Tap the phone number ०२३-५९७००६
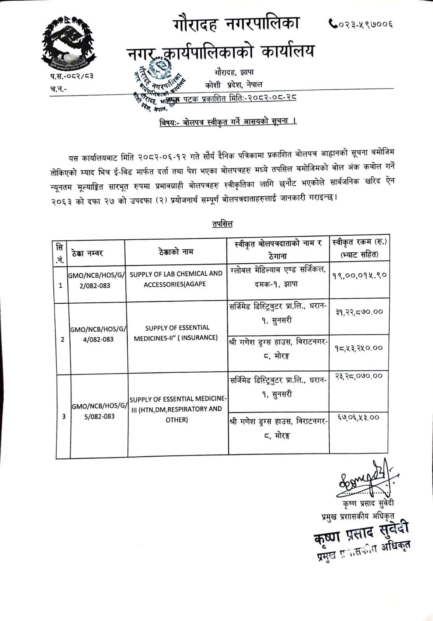[361, 24]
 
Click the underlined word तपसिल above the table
[222, 224]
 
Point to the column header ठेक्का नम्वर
[88, 253]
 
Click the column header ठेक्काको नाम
[176, 252]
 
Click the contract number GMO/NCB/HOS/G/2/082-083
[97, 280]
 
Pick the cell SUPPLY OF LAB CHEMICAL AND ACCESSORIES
[176, 279]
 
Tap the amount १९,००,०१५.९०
[359, 275]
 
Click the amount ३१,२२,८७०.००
[359, 311]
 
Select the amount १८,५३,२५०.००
[359, 348]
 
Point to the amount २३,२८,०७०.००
[359, 376]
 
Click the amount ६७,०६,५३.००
[358, 417]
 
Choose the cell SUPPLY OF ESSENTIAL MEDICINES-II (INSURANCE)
[176, 333]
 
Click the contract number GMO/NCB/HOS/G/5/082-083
[99, 411]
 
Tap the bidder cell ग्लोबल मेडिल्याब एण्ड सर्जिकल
[278, 276]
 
